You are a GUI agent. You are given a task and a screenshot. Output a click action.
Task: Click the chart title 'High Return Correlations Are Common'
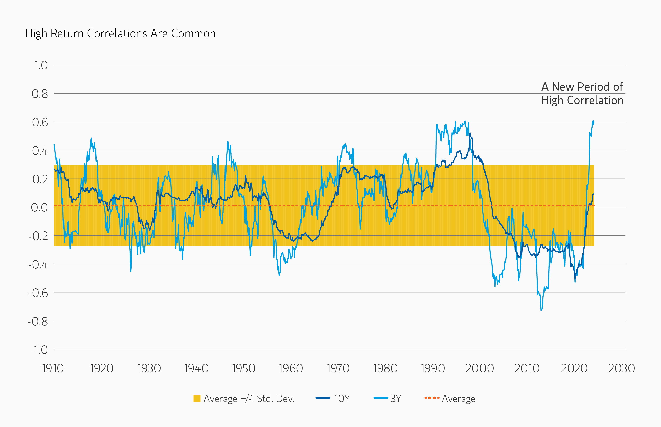click(x=120, y=34)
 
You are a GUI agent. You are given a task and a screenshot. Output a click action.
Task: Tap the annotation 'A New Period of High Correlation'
click(x=582, y=94)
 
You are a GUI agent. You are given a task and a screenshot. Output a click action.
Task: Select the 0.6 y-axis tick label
click(x=40, y=122)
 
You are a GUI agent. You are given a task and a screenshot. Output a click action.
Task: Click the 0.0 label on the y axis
click(x=39, y=207)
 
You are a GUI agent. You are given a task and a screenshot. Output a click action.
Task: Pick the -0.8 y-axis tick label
click(x=38, y=321)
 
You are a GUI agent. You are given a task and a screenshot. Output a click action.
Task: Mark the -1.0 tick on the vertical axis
click(x=39, y=350)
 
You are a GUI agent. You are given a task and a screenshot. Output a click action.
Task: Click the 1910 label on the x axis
click(x=53, y=368)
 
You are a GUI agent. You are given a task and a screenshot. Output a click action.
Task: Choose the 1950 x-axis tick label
click(x=243, y=368)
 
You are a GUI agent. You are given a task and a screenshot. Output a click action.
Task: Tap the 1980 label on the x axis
click(x=385, y=368)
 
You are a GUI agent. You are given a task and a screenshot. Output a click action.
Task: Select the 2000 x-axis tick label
click(x=479, y=368)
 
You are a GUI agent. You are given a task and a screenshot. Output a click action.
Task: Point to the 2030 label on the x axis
click(x=621, y=368)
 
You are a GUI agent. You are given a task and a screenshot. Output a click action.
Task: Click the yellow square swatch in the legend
click(x=197, y=399)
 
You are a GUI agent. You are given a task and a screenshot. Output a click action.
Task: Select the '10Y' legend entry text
click(x=342, y=399)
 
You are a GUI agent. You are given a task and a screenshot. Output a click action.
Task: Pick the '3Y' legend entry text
click(x=396, y=399)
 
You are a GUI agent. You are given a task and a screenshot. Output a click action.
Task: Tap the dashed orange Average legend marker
click(x=432, y=398)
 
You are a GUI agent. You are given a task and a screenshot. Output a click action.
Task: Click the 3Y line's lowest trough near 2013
click(x=541, y=310)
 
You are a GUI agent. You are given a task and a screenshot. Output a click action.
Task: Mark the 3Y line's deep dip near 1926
click(x=131, y=271)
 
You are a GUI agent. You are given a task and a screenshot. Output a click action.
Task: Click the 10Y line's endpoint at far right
click(x=594, y=194)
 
